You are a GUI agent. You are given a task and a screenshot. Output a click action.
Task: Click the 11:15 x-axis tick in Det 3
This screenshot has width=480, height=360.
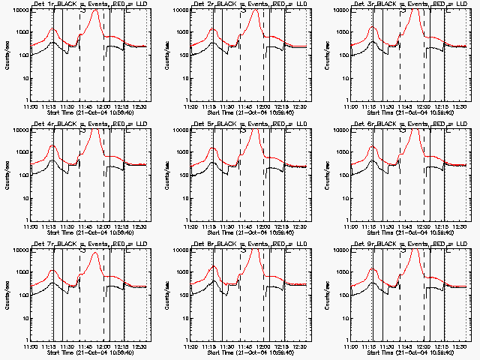click(370, 106)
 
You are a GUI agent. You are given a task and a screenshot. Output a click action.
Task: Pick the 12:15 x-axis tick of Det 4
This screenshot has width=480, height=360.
click(121, 226)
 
